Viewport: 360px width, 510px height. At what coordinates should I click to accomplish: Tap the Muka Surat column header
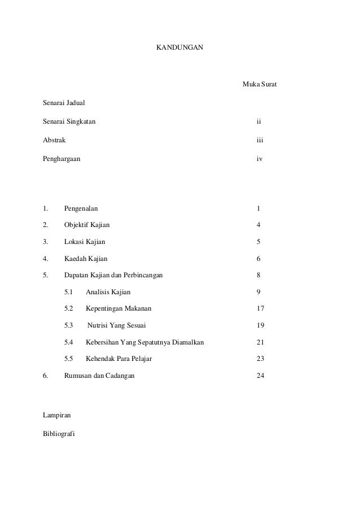pyautogui.click(x=259, y=85)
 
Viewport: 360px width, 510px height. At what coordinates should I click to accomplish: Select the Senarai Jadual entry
pyautogui.click(x=64, y=103)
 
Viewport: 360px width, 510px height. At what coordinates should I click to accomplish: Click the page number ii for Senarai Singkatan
pyautogui.click(x=258, y=121)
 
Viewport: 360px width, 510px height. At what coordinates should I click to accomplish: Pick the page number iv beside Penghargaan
pyautogui.click(x=259, y=159)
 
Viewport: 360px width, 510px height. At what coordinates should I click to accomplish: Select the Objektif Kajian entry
pyautogui.click(x=87, y=225)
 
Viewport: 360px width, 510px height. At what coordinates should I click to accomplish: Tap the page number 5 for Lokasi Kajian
pyautogui.click(x=258, y=241)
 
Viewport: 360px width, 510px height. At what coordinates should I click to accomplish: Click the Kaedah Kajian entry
pyautogui.click(x=85, y=258)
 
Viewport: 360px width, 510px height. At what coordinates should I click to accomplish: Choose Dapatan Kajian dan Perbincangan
pyautogui.click(x=113, y=275)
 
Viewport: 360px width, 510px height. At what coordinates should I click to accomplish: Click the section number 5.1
pyautogui.click(x=69, y=292)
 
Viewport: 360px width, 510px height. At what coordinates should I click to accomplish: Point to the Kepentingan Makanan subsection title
pyautogui.click(x=118, y=308)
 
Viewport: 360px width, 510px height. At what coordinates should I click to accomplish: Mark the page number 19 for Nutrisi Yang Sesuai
pyautogui.click(x=260, y=325)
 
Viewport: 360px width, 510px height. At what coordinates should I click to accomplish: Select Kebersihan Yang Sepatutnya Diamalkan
pyautogui.click(x=144, y=342)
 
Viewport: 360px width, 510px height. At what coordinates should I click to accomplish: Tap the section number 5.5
pyautogui.click(x=69, y=359)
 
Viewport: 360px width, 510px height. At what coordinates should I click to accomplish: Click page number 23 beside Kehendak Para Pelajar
pyautogui.click(x=260, y=359)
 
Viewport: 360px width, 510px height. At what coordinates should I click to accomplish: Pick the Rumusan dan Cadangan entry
pyautogui.click(x=99, y=376)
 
